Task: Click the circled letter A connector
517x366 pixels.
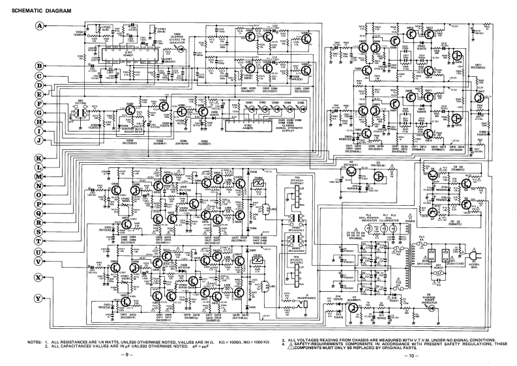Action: (x=39, y=25)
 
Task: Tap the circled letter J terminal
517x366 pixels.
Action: (x=39, y=140)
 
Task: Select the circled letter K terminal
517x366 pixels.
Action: (x=39, y=159)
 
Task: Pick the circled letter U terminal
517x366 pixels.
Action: (x=39, y=251)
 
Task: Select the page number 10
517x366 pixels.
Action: (x=409, y=356)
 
